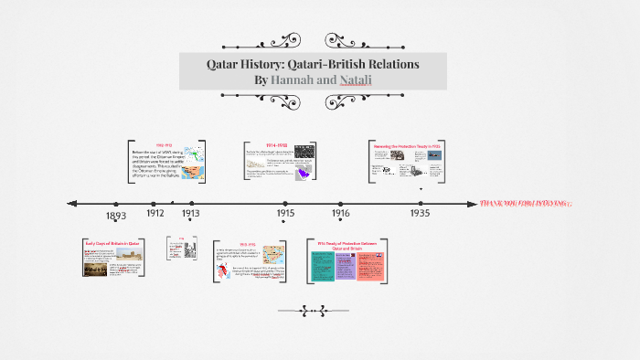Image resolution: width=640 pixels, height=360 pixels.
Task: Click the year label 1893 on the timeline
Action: [x=115, y=216]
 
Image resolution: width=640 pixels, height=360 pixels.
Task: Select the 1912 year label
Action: [x=155, y=212]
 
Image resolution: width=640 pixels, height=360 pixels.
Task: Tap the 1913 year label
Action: [x=190, y=213]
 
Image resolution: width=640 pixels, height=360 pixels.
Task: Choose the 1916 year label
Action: [x=340, y=213]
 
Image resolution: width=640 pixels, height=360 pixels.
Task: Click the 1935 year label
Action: [x=421, y=213]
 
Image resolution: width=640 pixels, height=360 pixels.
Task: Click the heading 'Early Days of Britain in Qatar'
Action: [x=111, y=243]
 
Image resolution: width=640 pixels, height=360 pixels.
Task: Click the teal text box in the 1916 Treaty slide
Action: [x=322, y=266]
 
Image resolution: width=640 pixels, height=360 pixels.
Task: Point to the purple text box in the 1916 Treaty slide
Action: [x=346, y=267]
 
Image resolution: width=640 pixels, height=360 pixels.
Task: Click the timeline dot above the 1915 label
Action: [x=285, y=203]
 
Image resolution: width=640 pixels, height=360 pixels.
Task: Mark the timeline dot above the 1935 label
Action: [x=421, y=203]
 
